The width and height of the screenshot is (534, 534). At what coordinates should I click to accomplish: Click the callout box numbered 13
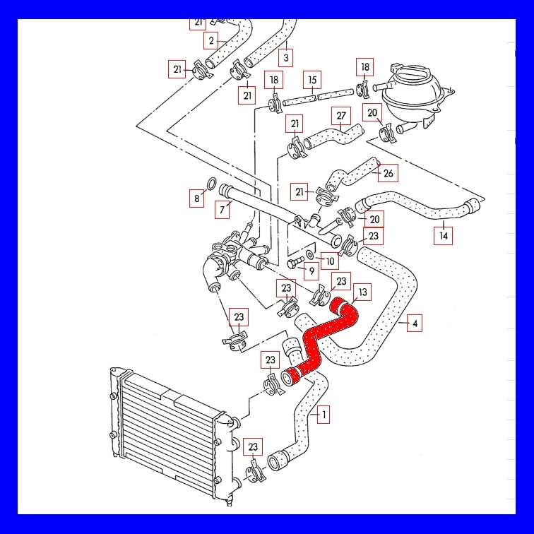click(362, 292)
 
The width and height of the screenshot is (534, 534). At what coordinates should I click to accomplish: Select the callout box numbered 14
click(443, 236)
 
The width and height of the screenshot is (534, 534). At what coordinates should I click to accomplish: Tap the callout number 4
click(415, 324)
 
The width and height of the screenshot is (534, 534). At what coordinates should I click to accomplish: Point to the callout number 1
click(324, 415)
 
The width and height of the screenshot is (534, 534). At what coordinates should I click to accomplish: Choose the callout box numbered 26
click(388, 173)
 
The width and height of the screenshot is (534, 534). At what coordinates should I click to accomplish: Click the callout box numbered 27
click(341, 116)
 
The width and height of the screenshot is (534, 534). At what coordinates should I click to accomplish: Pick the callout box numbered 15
click(312, 80)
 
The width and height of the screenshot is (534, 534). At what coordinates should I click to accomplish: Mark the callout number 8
click(197, 198)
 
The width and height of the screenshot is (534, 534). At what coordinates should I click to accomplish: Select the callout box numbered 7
click(222, 210)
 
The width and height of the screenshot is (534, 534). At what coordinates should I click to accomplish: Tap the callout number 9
click(311, 271)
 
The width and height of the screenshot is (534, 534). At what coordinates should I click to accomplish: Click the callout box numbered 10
click(330, 261)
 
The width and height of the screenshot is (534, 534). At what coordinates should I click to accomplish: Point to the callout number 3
click(286, 58)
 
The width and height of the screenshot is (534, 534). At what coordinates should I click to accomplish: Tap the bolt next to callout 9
click(295, 263)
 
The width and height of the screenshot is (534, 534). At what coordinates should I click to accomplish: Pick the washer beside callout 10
click(310, 254)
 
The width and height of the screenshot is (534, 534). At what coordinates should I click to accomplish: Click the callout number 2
click(211, 41)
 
